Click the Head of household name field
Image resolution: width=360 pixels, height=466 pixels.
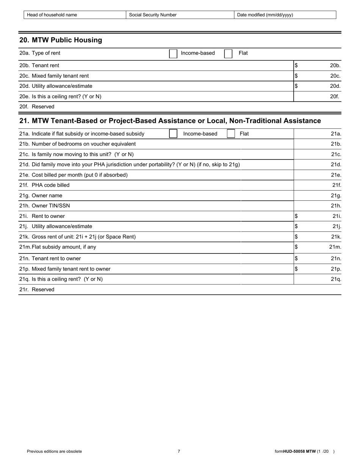click(75, 15)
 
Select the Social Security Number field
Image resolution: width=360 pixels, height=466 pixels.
click(180, 15)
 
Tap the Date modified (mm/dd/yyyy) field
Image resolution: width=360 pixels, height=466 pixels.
click(285, 15)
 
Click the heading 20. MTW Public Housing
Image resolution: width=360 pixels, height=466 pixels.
click(61, 40)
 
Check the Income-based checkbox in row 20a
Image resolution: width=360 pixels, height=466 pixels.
click(173, 53)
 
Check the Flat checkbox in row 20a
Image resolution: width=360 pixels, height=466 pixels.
click(228, 53)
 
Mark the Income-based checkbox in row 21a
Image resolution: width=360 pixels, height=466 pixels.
click(173, 134)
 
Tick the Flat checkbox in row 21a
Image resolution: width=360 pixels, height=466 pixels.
click(231, 134)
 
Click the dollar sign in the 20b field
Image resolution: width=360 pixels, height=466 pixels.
click(296, 66)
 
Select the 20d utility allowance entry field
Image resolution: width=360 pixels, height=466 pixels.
click(313, 86)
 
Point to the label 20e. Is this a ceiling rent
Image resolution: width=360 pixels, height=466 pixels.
click(60, 97)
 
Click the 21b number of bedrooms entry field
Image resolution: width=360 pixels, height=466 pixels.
click(313, 144)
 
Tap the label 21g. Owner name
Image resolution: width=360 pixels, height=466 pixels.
click(41, 196)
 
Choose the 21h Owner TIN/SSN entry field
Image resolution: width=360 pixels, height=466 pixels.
click(313, 206)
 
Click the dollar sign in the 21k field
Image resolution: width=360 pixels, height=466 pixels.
click(296, 237)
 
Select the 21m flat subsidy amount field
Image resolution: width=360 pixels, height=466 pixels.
click(313, 247)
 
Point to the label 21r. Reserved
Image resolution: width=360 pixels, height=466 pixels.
click(37, 290)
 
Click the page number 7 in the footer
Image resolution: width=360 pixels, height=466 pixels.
click(179, 451)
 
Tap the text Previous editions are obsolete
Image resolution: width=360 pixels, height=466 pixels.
click(54, 451)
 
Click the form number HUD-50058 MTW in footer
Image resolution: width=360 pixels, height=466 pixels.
click(299, 451)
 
